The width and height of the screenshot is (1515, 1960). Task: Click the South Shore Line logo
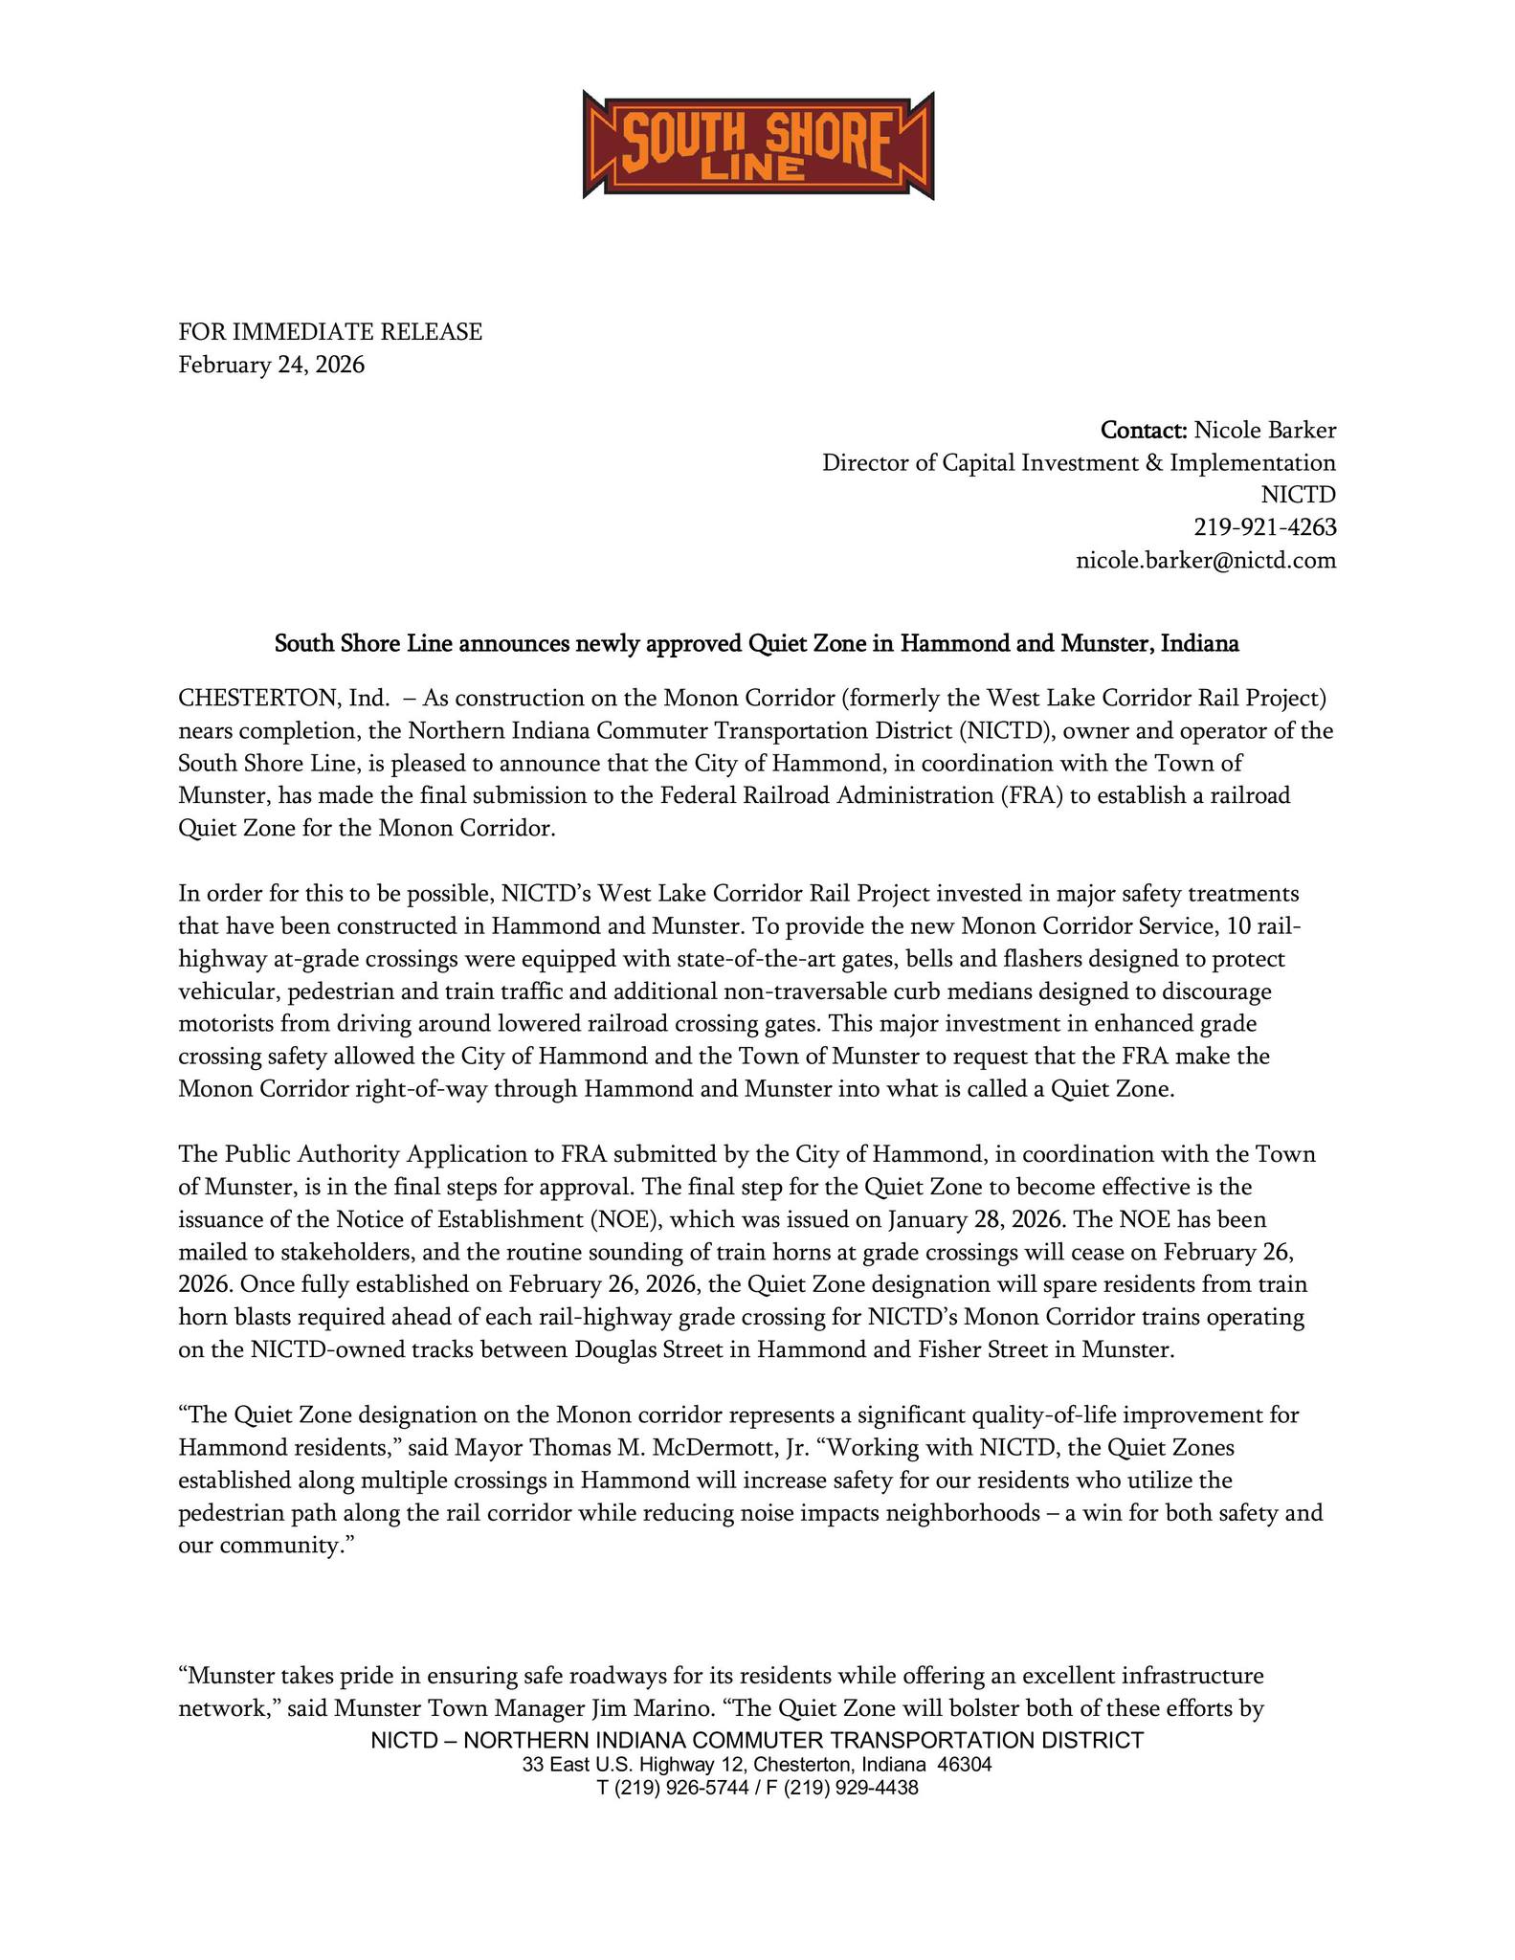[x=757, y=145]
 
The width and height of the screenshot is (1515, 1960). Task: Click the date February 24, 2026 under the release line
[x=272, y=365]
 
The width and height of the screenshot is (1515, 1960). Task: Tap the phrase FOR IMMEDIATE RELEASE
[x=330, y=332]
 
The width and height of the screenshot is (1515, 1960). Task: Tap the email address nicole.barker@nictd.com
[x=1206, y=560]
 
